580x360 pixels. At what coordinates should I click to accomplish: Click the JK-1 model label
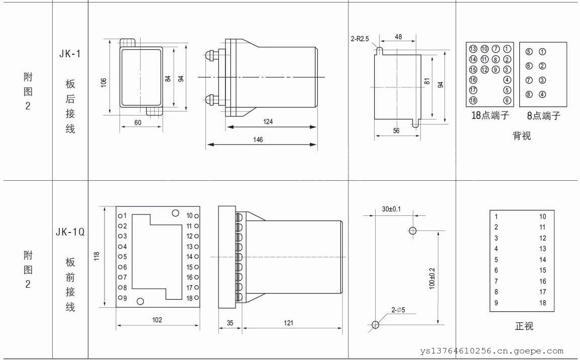(70, 54)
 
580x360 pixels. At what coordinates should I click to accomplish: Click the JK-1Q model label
(70, 232)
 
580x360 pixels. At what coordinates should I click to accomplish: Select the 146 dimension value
(258, 140)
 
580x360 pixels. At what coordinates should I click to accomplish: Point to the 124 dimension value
(268, 122)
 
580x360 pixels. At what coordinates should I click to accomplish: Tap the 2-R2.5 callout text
(360, 39)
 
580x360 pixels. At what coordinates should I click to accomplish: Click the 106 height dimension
(104, 82)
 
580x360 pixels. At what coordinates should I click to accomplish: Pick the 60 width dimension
(138, 123)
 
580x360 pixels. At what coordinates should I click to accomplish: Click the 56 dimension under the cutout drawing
(396, 131)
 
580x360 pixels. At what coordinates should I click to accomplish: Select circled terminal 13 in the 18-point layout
(473, 49)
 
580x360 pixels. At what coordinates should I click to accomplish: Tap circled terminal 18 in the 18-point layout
(473, 100)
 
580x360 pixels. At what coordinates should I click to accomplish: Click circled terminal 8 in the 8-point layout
(529, 94)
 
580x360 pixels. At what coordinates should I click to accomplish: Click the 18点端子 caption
(490, 115)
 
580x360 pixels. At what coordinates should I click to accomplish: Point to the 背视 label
(522, 136)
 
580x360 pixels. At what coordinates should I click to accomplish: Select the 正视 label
(524, 326)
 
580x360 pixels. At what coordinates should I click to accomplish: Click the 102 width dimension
(157, 320)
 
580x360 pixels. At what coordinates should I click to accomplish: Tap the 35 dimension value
(230, 323)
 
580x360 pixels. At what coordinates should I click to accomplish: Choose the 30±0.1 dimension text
(391, 209)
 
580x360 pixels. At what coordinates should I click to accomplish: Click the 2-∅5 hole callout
(398, 310)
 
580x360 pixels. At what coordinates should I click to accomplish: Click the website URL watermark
(492, 351)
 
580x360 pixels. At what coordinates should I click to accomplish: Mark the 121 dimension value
(289, 323)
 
